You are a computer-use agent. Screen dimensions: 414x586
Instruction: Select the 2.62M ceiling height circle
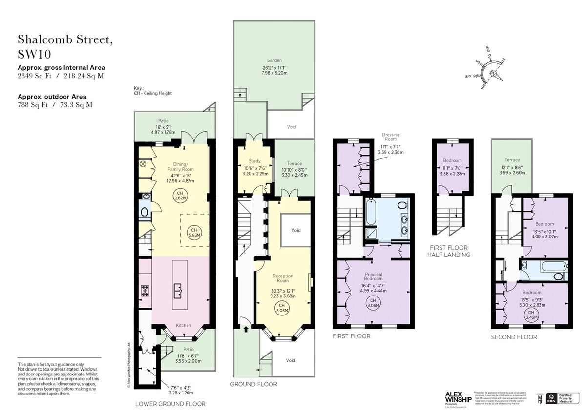pyautogui.click(x=180, y=196)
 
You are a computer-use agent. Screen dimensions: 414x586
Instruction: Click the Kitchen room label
pyautogui.click(x=183, y=325)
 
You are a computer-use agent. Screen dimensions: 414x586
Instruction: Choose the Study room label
pyautogui.click(x=254, y=160)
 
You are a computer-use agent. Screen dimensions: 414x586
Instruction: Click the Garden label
pyautogui.click(x=273, y=68)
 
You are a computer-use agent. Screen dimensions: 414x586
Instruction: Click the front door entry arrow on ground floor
pyautogui.click(x=245, y=329)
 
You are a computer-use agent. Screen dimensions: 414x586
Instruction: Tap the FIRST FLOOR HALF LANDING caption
pyautogui.click(x=449, y=251)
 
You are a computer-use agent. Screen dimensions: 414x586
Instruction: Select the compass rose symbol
pyautogui.click(x=492, y=73)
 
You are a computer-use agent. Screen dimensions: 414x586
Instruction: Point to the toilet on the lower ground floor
pyautogui.click(x=144, y=213)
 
